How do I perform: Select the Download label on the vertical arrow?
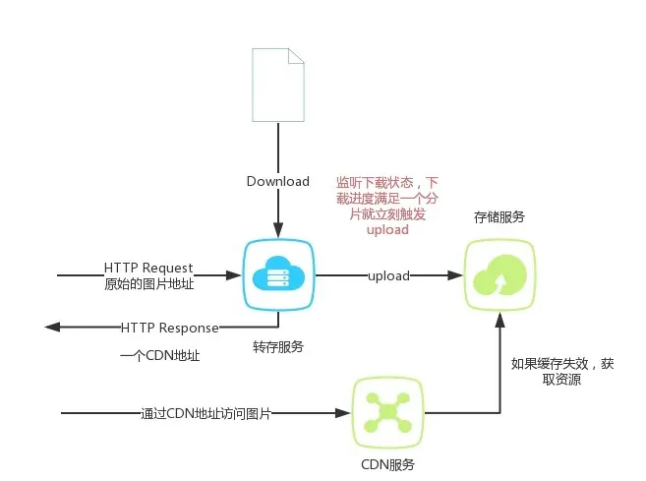click(x=277, y=181)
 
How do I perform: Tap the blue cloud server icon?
click(x=277, y=276)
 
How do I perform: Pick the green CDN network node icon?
click(x=387, y=412)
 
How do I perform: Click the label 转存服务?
click(x=278, y=346)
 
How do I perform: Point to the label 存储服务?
click(x=499, y=215)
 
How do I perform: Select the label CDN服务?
click(x=387, y=463)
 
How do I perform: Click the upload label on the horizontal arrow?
click(x=388, y=276)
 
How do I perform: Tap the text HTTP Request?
click(x=148, y=268)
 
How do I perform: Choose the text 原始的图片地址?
click(x=148, y=284)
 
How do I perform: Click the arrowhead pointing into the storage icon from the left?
click(x=456, y=276)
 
